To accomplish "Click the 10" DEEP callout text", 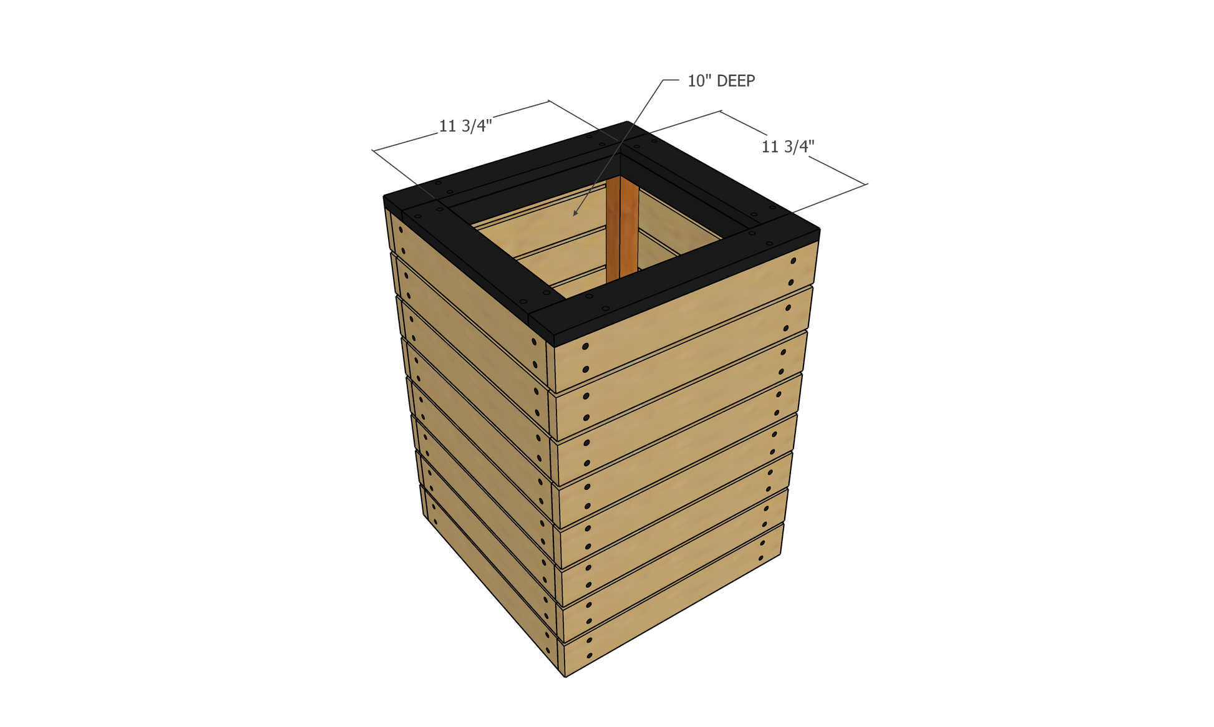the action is coord(721,81).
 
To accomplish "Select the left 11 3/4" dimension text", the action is coord(465,126).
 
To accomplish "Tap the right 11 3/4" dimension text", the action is coord(788,147).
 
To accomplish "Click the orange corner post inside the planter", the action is coord(622,228).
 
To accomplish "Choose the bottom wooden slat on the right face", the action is coord(671,600).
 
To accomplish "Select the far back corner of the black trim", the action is coord(627,122).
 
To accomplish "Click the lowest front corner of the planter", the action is coord(565,676).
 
